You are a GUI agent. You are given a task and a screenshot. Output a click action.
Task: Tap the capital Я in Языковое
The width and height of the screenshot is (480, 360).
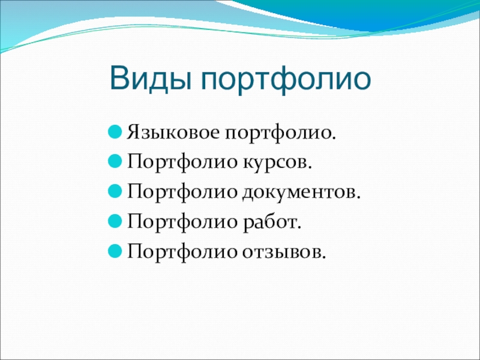132,131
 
